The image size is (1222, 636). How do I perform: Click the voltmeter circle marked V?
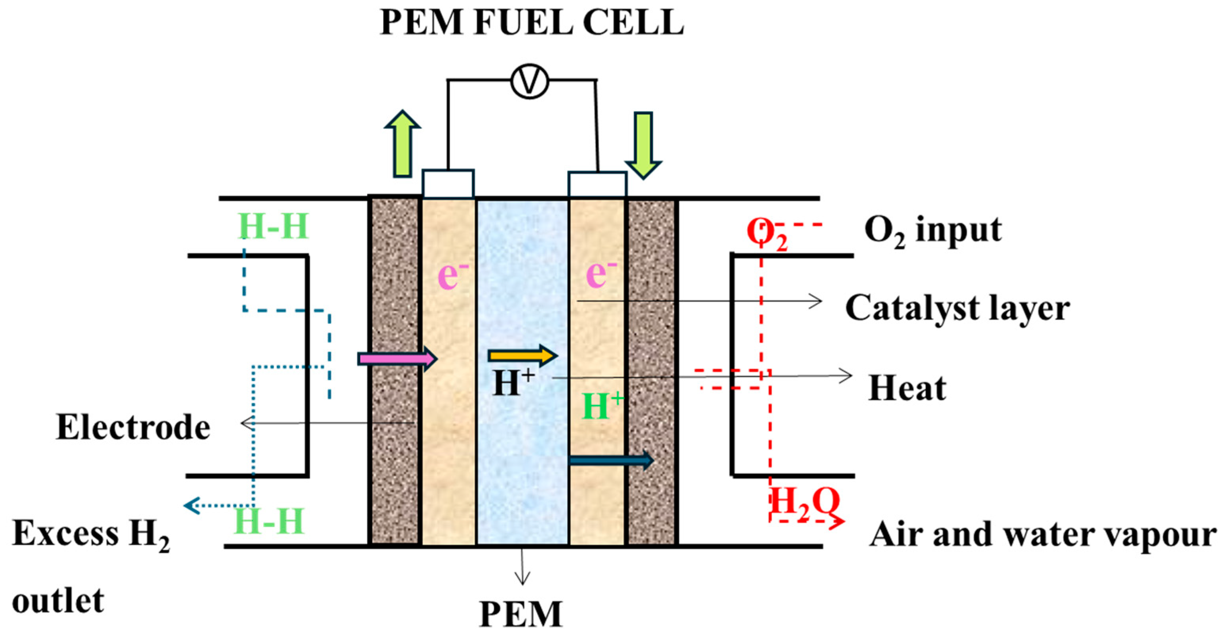(529, 81)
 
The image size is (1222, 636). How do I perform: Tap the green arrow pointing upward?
(402, 145)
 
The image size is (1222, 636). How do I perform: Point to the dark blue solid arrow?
(611, 460)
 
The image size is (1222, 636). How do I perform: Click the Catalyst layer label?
(957, 308)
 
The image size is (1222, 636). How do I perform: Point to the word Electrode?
(133, 427)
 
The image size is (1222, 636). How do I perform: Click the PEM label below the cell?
(521, 615)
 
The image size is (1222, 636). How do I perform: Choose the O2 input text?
(932, 231)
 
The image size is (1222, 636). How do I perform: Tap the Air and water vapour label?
(1043, 534)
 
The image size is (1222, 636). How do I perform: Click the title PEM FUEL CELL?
(532, 22)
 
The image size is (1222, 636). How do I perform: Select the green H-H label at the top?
(273, 226)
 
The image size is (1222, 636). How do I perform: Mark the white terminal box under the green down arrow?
(597, 184)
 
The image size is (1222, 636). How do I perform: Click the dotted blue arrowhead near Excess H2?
(191, 506)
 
